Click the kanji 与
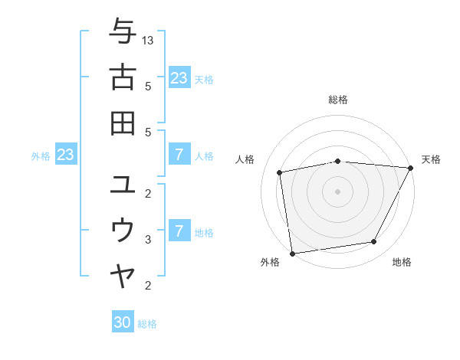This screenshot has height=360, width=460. pyautogui.click(x=123, y=32)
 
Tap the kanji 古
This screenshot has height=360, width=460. pyautogui.click(x=123, y=77)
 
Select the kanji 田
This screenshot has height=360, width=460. pyautogui.click(x=123, y=123)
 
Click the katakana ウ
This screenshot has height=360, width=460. pyautogui.click(x=123, y=230)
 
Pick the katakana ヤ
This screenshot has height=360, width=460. pyautogui.click(x=123, y=276)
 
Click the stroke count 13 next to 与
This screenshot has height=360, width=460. pyautogui.click(x=148, y=40)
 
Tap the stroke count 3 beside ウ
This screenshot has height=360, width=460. pyautogui.click(x=148, y=239)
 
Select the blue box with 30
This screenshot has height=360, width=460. pyautogui.click(x=123, y=322)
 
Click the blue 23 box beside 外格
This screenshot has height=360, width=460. pyautogui.click(x=66, y=155)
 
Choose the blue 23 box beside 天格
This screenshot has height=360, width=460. pyautogui.click(x=179, y=78)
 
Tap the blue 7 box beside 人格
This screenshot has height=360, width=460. pyautogui.click(x=179, y=155)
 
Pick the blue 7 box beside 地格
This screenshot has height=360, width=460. pyautogui.click(x=179, y=231)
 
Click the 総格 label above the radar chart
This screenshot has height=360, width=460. pyautogui.click(x=338, y=100)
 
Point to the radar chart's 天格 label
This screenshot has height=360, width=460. pyautogui.click(x=431, y=159)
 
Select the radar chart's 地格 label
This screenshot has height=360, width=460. pyautogui.click(x=402, y=262)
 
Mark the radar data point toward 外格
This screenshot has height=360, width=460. pyautogui.click(x=292, y=253)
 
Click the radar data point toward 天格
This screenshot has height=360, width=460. pyautogui.click(x=410, y=168)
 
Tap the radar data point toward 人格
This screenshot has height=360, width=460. pyautogui.click(x=280, y=172)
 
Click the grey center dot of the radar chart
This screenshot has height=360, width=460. pyautogui.click(x=338, y=191)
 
